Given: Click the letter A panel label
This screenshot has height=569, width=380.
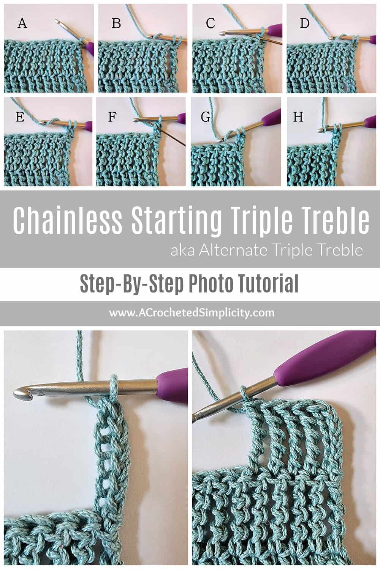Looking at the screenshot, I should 22,24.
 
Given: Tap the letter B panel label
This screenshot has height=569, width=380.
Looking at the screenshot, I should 116,24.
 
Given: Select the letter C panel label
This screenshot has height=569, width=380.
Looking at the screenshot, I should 210,24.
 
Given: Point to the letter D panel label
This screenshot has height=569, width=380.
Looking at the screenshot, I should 304,24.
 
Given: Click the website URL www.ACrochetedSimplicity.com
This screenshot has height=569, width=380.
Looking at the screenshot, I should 192,313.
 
